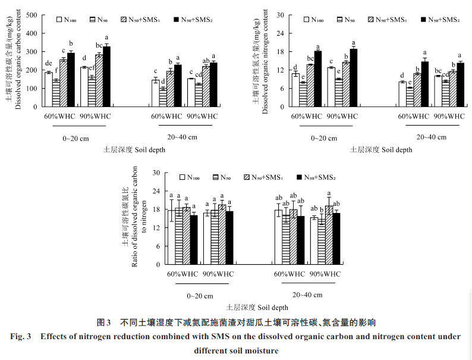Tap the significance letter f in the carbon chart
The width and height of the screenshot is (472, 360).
click(x=56, y=73)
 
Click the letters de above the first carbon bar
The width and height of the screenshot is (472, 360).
click(x=48, y=64)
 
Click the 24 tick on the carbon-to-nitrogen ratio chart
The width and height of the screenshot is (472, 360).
click(x=156, y=191)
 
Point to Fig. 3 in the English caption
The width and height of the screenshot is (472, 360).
click(x=21, y=337)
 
